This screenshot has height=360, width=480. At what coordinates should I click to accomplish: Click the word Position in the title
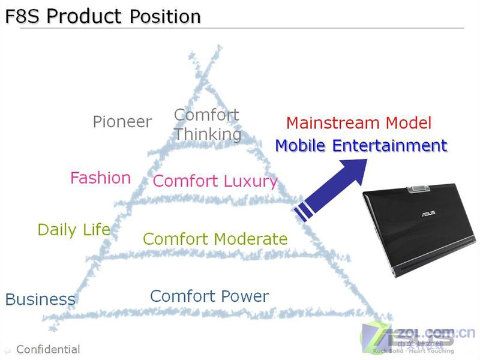coord(166,16)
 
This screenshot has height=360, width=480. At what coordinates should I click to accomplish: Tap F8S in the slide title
coord(23,16)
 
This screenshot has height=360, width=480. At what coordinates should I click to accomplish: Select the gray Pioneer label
coord(122,122)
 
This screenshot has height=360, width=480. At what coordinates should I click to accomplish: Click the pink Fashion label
coord(101,178)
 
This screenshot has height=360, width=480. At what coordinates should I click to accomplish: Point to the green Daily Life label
coord(74,230)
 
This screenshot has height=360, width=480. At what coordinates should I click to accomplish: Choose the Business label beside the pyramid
coord(40,299)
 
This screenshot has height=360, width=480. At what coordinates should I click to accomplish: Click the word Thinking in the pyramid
coord(208,134)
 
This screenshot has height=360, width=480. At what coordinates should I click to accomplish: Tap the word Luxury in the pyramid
coord(250,181)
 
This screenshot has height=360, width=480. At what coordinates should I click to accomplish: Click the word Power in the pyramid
coord(245,296)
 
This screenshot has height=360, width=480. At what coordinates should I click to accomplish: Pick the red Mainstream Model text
coord(359,123)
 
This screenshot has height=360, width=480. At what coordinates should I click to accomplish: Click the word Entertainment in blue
coord(390,145)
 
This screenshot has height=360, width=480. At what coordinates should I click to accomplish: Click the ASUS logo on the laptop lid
coord(428,214)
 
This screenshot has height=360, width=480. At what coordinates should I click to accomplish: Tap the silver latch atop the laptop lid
coord(419,188)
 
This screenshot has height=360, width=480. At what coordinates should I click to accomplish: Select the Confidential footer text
coord(48,349)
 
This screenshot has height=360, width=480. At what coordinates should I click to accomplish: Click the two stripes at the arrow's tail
coord(304,211)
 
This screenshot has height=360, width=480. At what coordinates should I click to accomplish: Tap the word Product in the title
coord(84,16)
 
